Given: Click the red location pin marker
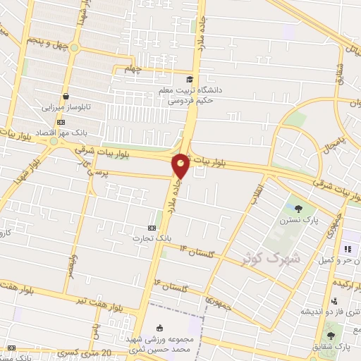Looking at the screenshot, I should point(180,165).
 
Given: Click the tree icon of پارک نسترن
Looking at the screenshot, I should point(298,208).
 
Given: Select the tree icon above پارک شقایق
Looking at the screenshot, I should point(331,336).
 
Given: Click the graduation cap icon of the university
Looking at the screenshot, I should point(189,79).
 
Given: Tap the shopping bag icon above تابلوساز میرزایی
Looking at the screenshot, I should point(66,97).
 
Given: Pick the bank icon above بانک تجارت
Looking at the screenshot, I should point(152,228).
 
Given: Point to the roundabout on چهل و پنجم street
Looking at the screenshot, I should point(74,48).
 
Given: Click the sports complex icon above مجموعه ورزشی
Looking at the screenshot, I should point(160,327).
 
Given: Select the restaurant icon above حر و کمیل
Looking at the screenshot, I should point(346,249).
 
